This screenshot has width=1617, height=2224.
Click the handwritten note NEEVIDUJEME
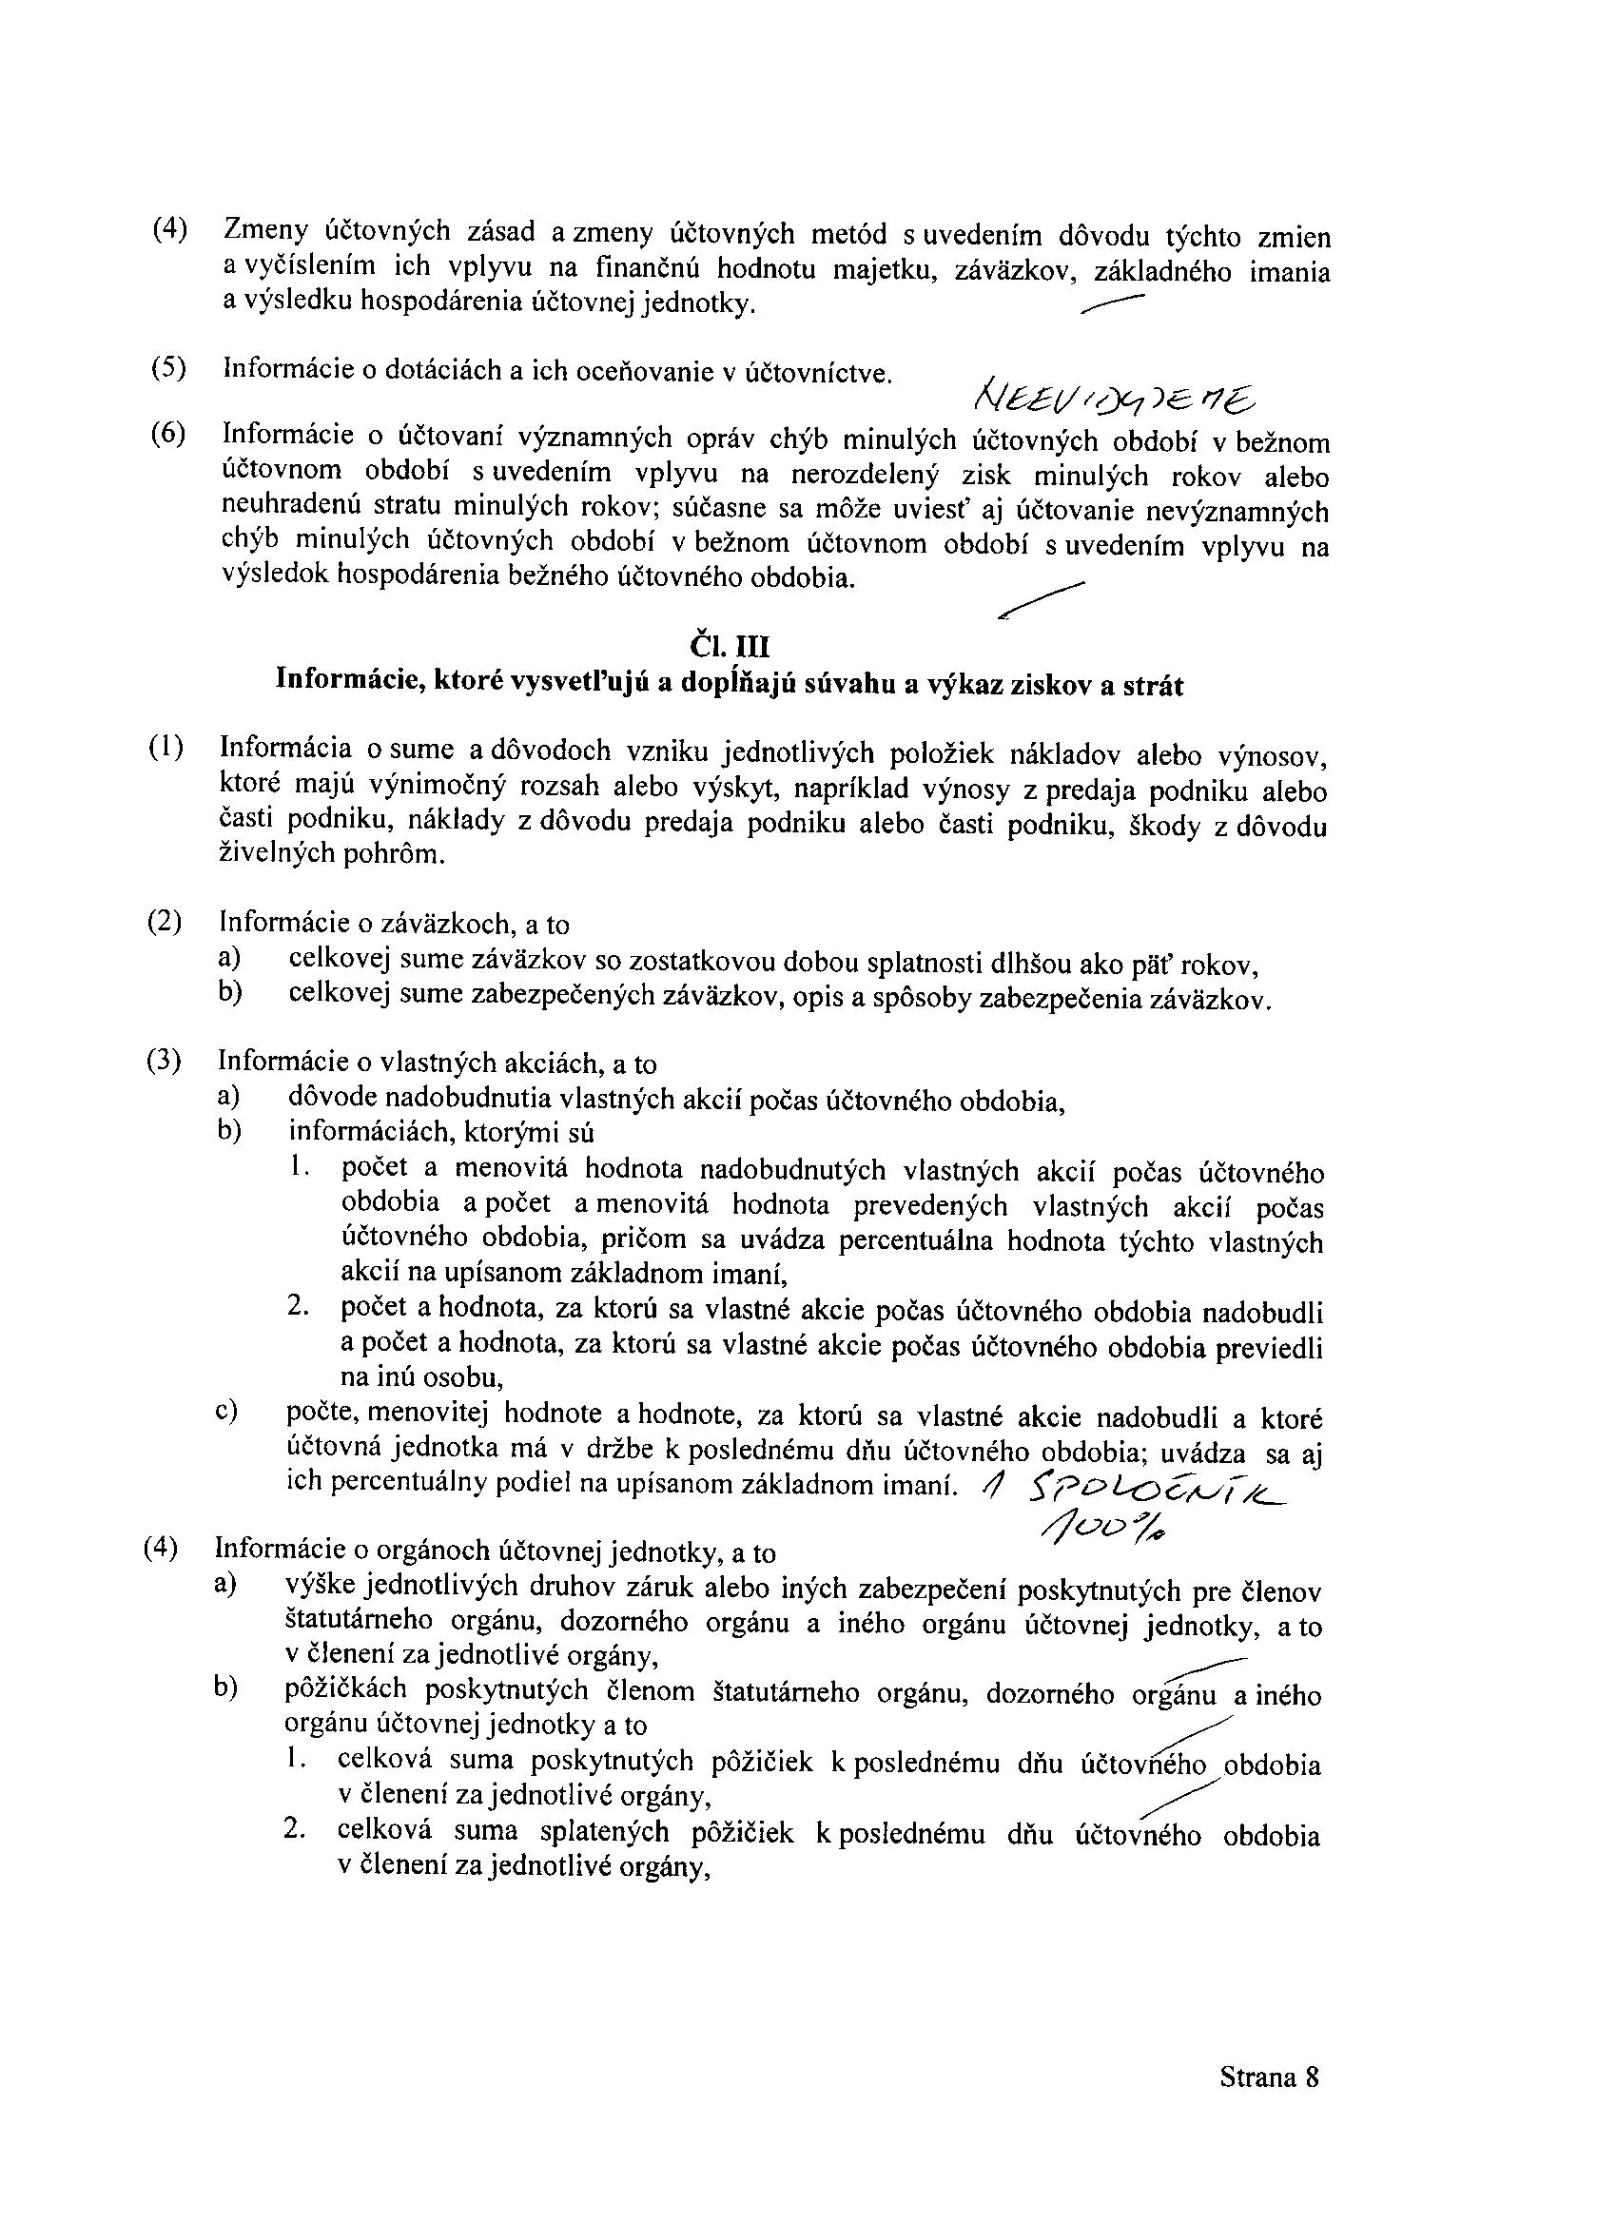click(1113, 398)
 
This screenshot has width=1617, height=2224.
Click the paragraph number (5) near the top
click(167, 368)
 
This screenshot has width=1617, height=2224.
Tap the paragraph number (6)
click(167, 434)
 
